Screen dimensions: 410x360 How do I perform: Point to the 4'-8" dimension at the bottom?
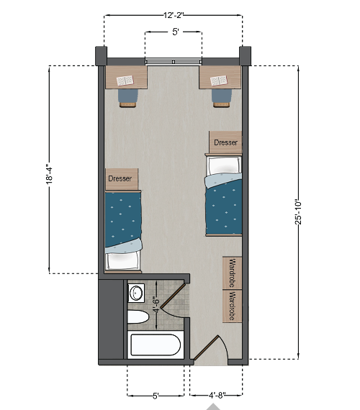tap(217, 395)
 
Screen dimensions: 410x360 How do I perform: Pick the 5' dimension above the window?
tap(174, 32)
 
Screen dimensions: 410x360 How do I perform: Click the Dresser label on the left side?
tap(120, 178)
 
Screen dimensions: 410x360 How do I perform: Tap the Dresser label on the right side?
tap(225, 142)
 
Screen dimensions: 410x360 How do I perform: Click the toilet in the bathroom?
tap(138, 316)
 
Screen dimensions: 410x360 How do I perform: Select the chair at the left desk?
tap(127, 97)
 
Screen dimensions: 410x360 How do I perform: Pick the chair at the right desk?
tap(221, 97)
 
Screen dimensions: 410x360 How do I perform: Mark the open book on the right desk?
tap(218, 78)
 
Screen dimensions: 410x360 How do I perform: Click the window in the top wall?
tap(174, 62)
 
